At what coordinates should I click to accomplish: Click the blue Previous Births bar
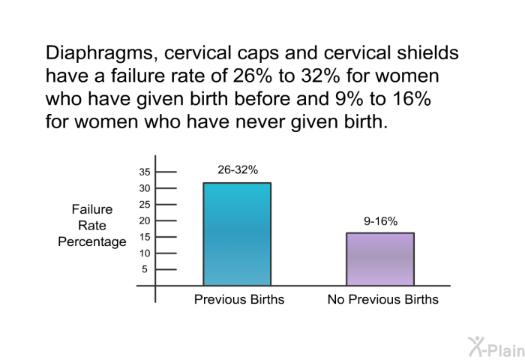[237, 234]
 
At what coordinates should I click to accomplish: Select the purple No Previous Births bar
[380, 259]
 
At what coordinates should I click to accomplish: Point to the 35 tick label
[145, 172]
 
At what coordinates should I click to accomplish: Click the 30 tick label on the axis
[145, 188]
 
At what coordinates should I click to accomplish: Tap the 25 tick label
[145, 205]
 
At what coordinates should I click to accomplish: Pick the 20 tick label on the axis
[145, 221]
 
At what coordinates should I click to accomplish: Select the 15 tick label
[145, 237]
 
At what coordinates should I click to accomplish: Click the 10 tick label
[145, 253]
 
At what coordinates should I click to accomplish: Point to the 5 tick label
[145, 269]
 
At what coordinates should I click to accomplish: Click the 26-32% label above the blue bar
[238, 169]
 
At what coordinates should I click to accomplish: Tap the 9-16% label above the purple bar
[381, 221]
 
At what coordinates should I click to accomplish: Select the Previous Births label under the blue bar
[239, 299]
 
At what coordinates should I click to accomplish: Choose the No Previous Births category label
[383, 299]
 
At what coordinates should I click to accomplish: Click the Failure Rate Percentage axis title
[92, 226]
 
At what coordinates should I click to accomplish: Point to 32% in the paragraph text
[320, 76]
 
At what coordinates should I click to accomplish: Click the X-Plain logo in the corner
[496, 347]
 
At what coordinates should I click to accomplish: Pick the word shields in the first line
[427, 53]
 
